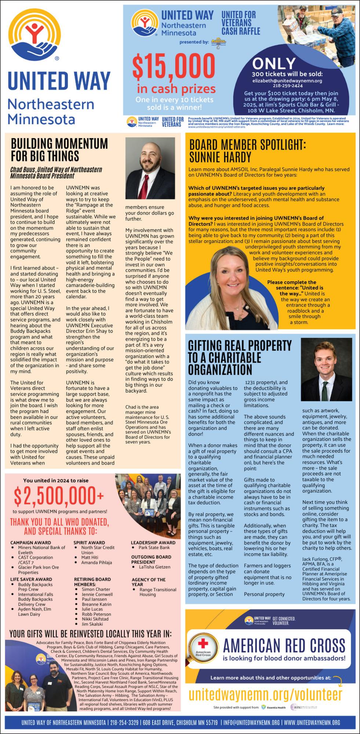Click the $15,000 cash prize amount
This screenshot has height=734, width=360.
coord(173,66)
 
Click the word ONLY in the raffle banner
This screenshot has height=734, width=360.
coord(274,63)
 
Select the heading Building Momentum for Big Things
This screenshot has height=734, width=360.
coord(59,149)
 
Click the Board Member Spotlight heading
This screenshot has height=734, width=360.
coord(247,150)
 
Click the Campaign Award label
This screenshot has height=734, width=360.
coord(30,542)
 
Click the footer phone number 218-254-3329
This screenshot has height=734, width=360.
coord(124,723)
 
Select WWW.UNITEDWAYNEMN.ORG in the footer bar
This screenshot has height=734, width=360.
coord(312,723)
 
